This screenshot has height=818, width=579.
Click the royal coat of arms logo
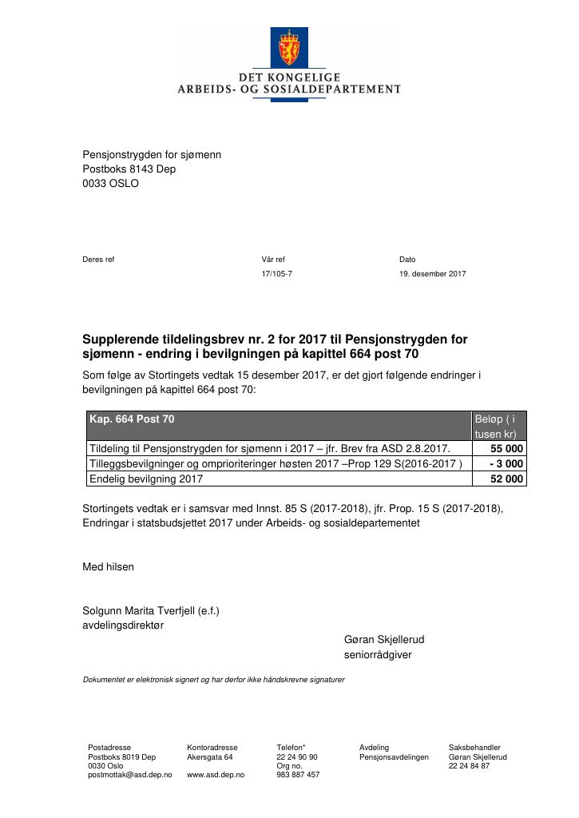pos(289,49)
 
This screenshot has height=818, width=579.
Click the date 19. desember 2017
pos(432,274)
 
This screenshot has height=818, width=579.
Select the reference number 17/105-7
pos(277,274)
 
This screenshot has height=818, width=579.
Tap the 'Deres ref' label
pos(98,260)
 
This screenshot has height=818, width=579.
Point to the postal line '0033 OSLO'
pos(110,184)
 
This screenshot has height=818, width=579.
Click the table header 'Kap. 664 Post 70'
pos(132,419)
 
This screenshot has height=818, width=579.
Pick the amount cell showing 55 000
pos(502,449)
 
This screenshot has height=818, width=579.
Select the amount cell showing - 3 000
pos(506,464)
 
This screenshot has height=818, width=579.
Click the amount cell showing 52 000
pos(502,479)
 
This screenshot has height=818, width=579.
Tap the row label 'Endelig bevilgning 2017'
pos(146,479)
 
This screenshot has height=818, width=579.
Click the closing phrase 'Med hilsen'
pos(109,567)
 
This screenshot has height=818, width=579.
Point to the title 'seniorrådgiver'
pos(378,655)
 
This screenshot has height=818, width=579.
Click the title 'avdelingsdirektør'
pos(123,625)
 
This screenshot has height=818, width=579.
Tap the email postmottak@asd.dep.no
pos(129,775)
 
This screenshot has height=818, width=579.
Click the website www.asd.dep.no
pos(215,775)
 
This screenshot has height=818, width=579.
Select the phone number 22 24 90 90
pos(297,757)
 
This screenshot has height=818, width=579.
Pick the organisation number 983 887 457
pos(298,775)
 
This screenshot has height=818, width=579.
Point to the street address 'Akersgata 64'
pos(209,757)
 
